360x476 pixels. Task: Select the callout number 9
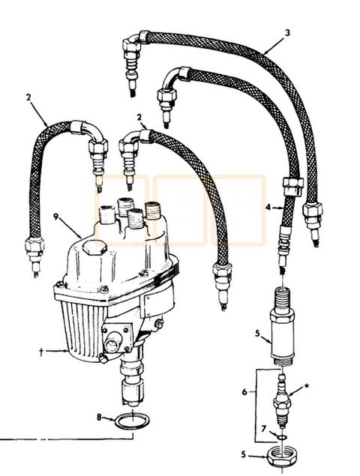[x=55, y=218]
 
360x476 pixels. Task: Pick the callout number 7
[x=263, y=430]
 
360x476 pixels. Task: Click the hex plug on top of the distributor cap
[x=93, y=250]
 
